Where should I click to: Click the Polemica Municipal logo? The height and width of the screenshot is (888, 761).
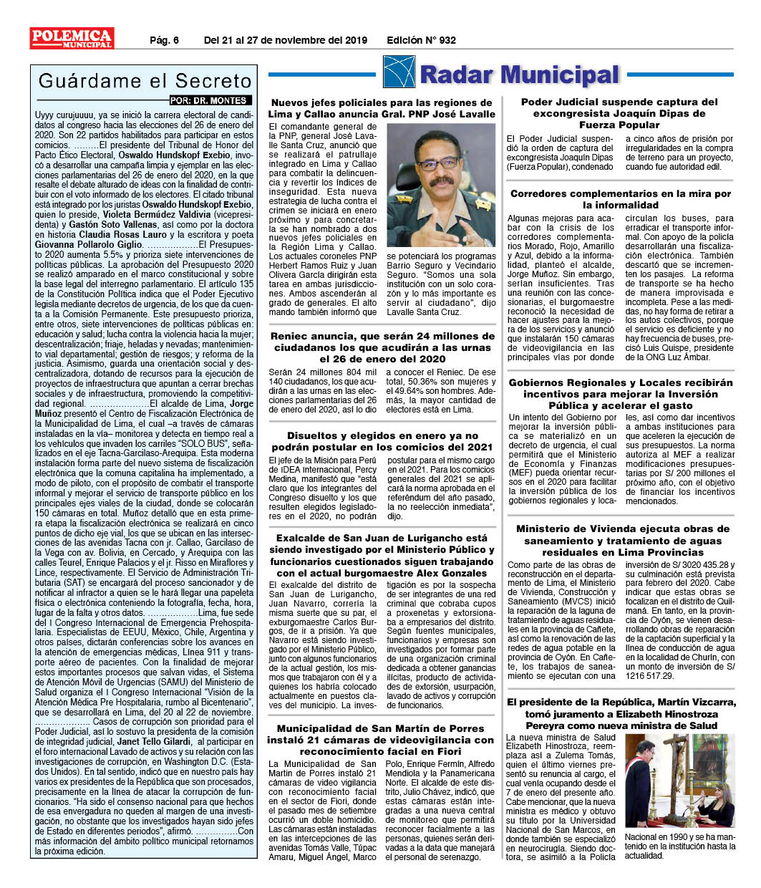point(71,38)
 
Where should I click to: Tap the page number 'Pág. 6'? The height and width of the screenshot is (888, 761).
point(164,40)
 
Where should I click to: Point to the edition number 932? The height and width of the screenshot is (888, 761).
point(447,40)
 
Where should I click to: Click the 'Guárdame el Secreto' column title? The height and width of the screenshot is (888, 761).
point(145,81)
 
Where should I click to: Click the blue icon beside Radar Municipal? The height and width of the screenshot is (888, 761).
point(399,72)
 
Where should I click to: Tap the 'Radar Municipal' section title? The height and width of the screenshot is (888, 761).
point(519,74)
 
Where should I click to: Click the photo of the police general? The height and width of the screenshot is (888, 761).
point(440,185)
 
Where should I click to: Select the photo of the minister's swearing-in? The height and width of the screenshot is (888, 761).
point(679,781)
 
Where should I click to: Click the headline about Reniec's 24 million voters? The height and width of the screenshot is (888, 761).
point(382,347)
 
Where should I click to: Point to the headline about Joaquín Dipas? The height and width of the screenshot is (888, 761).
point(619,113)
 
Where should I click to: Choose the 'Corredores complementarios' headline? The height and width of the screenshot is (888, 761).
point(621,199)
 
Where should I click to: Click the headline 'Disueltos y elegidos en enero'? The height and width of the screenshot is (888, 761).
point(382,441)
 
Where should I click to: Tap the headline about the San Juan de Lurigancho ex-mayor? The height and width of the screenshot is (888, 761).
point(382,556)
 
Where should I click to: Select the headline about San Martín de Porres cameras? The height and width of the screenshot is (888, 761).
point(382,740)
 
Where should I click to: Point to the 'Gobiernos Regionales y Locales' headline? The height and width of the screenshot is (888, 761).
point(621,394)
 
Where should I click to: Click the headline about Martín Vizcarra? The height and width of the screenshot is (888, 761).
point(621,714)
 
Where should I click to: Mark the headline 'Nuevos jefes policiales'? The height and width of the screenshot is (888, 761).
point(382,108)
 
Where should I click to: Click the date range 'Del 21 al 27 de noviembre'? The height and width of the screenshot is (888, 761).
point(285,40)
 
